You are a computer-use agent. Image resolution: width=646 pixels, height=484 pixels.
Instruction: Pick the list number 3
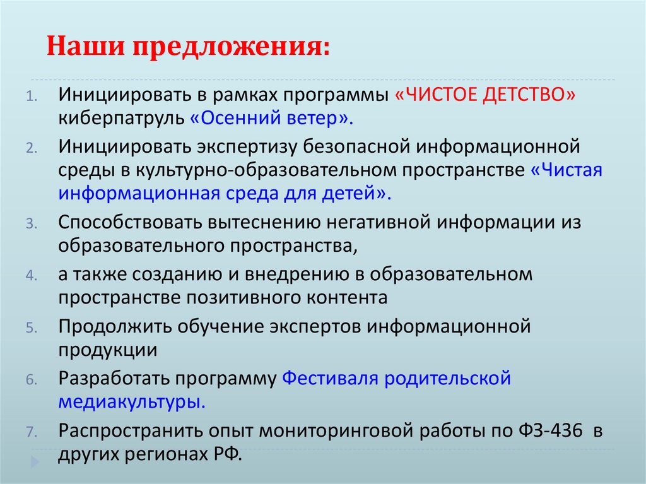point(32,225)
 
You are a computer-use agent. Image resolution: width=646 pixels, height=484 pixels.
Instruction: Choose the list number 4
point(32,276)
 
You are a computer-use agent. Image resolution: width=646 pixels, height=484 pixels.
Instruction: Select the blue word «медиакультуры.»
point(131,401)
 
